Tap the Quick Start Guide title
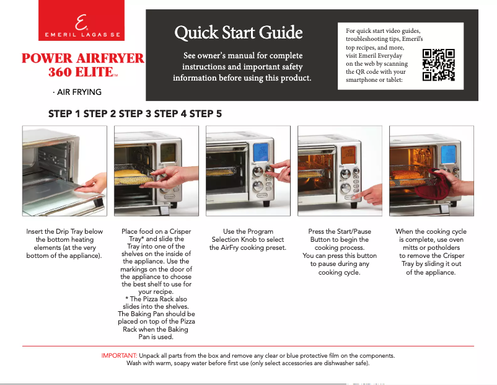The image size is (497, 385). tap(239, 32)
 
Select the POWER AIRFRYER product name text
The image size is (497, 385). tap(83, 59)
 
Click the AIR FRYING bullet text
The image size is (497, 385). tap(77, 92)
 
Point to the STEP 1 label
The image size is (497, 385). tap(64, 113)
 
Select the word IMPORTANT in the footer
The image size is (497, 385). tap(119, 356)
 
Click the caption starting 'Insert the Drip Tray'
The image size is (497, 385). tap(64, 244)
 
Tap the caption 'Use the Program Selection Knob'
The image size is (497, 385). tap(248, 240)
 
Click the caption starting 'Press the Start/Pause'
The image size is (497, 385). tap(340, 252)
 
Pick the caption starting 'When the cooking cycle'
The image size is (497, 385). tap(431, 252)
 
